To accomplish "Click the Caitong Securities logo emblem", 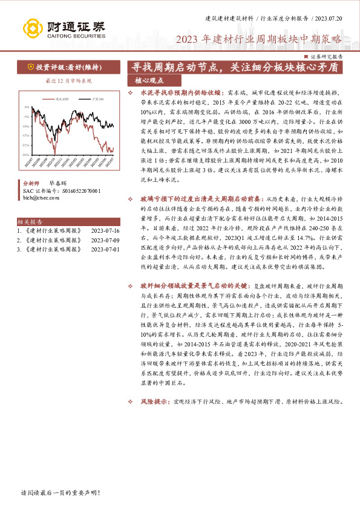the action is tap(31, 28).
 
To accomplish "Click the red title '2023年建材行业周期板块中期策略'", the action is tap(258, 41).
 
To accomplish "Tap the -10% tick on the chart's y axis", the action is tap(25, 126).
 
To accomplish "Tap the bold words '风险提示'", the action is tap(154, 401).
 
